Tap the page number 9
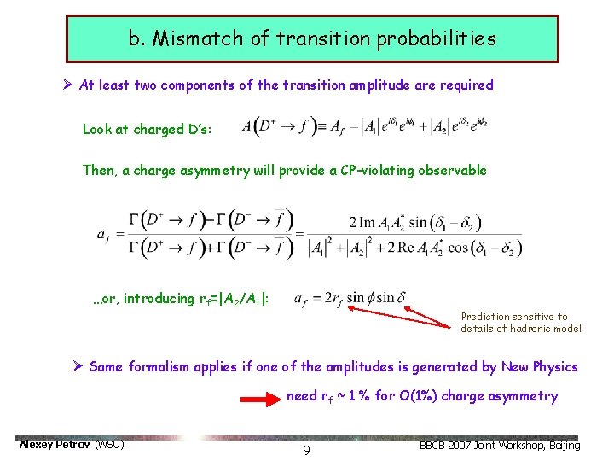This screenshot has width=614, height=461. tap(306, 449)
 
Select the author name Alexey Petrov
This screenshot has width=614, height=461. tap(55, 445)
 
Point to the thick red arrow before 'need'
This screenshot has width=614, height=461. tap(260, 397)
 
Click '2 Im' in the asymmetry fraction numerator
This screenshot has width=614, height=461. tap(364, 223)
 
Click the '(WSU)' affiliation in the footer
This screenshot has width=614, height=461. tap(109, 445)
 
